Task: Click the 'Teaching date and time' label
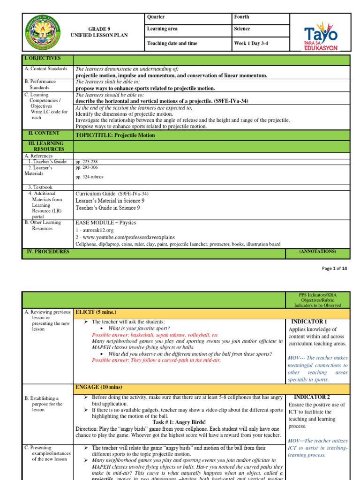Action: point(172,44)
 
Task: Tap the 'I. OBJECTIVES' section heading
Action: point(42,58)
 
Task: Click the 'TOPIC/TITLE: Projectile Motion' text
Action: point(115,135)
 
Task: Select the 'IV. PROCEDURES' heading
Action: point(46,252)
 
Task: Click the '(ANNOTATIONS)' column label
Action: point(317,252)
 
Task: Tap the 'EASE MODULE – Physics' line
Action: point(105,222)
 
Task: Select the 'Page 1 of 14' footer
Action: point(335,268)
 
